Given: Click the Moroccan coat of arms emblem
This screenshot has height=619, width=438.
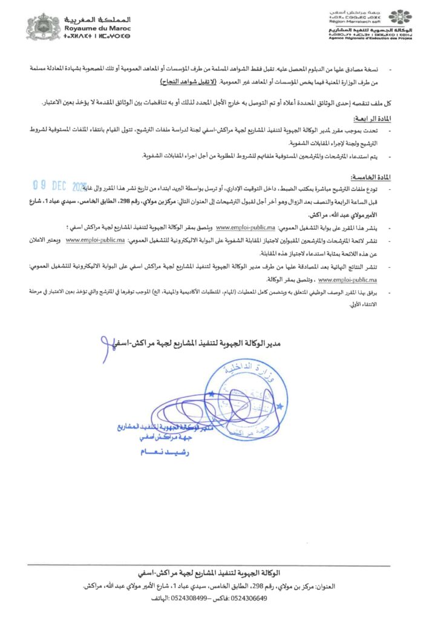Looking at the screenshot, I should pyautogui.click(x=41, y=27).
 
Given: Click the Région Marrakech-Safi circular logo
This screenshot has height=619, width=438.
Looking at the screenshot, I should pyautogui.click(x=399, y=19).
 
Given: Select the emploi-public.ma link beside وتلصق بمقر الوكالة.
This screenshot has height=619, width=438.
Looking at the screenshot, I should pyautogui.click(x=347, y=280).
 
